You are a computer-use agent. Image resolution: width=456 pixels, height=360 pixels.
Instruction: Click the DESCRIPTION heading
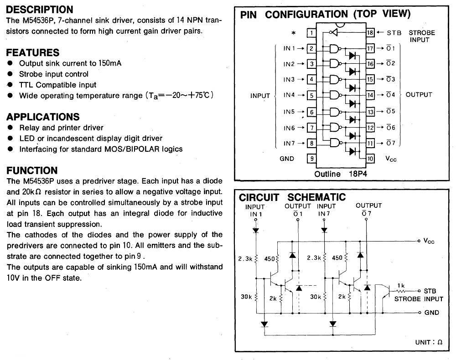[x=40, y=10]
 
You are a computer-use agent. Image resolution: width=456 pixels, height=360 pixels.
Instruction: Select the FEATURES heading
[x=33, y=52]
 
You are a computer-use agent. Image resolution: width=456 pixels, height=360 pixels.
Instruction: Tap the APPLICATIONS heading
[x=43, y=117]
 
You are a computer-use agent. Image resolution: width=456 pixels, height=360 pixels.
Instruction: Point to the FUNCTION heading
[x=32, y=170]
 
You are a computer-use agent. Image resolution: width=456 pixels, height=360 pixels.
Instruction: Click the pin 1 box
[x=311, y=33]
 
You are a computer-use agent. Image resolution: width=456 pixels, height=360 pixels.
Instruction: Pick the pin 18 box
[x=370, y=33]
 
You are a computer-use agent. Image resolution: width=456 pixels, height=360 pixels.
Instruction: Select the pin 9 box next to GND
[x=311, y=159]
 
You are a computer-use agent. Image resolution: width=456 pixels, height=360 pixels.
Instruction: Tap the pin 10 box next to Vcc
[x=370, y=159]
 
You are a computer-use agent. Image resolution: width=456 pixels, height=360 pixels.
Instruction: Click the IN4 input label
[x=289, y=95]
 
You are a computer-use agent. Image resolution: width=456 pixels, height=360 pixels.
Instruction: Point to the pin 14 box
[x=370, y=95]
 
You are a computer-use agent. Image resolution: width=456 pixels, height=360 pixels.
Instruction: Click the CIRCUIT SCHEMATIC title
[x=292, y=197]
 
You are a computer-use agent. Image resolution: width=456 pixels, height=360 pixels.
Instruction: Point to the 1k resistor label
[x=401, y=285]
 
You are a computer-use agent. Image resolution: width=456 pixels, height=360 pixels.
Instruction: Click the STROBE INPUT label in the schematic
[x=419, y=299]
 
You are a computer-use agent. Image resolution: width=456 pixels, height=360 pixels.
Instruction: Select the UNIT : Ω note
[x=429, y=342]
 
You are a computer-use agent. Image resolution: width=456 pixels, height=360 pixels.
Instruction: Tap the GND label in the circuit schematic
[x=431, y=313]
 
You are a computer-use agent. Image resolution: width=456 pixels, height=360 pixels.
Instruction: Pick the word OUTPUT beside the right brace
[x=419, y=95]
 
